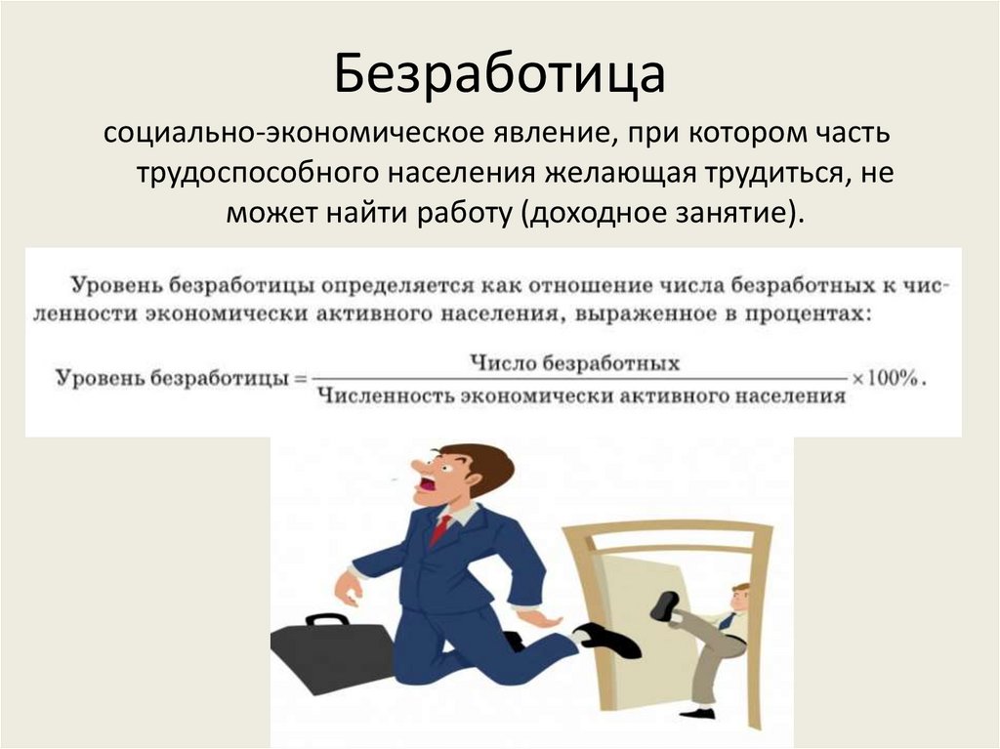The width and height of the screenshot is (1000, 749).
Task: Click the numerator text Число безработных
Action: pos(574,362)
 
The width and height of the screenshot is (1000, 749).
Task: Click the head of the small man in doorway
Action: pos(739,596)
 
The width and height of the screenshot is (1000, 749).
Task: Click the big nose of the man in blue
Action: pos(414,467)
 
